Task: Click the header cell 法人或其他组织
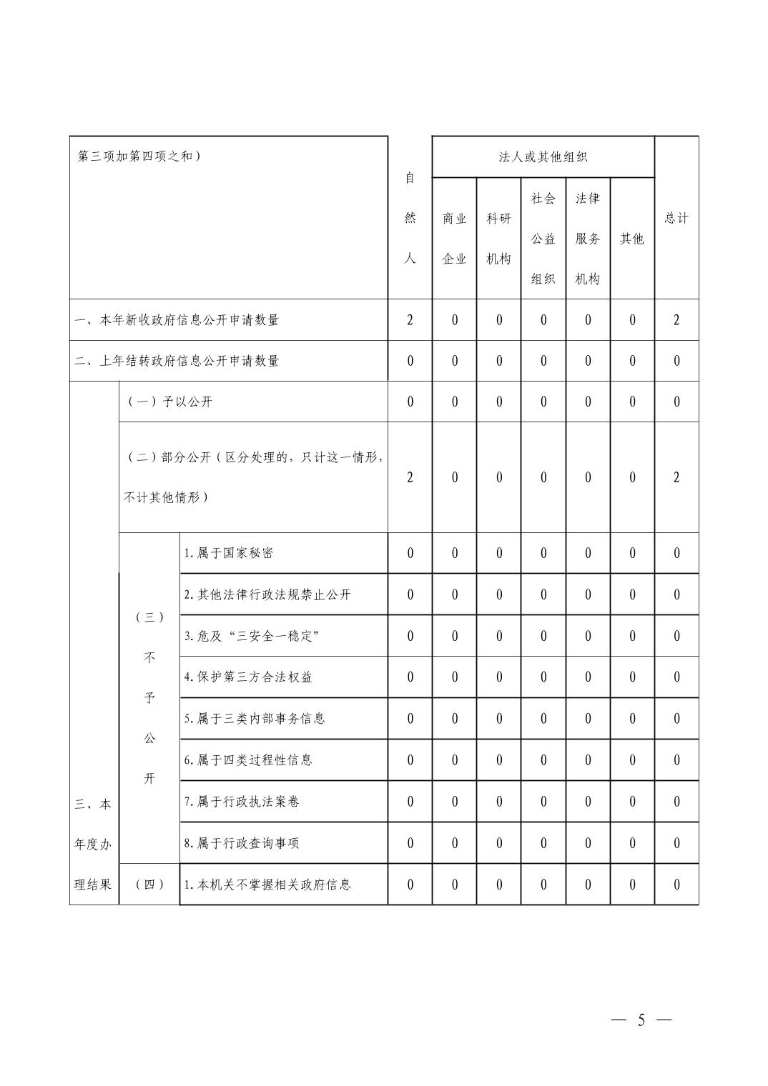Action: coord(543,157)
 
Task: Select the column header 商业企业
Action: coord(454,239)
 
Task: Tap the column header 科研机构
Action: coord(498,239)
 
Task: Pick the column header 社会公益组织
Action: coord(543,239)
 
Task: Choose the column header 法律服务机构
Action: coord(588,239)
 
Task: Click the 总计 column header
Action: coord(676,218)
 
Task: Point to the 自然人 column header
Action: coord(410,218)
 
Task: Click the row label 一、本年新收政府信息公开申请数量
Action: coord(177,320)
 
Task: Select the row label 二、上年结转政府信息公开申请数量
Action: coord(177,361)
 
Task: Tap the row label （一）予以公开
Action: coord(169,402)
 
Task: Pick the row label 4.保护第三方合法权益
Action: coord(248,677)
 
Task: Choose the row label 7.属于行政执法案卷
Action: coord(242,802)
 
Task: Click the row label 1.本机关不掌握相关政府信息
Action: coord(267,885)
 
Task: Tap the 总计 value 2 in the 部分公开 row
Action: coord(676,477)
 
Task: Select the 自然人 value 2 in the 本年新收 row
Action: coord(410,320)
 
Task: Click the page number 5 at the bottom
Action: coord(641,1020)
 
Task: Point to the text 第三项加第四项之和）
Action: coord(139,156)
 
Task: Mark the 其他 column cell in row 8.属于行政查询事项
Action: coord(632,843)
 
